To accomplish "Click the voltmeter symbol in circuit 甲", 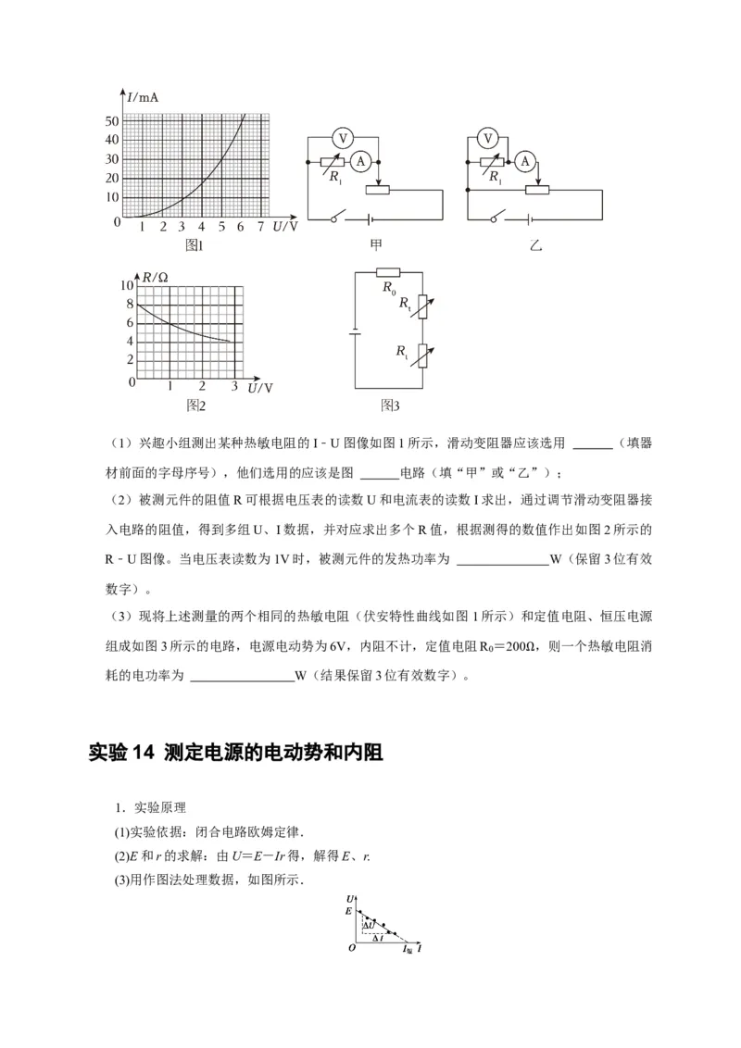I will (x=342, y=138).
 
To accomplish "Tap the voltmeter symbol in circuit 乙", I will (x=488, y=138).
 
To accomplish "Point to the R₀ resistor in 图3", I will (x=387, y=273).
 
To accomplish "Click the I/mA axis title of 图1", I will (x=138, y=97).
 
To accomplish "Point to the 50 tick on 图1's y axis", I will (x=112, y=120).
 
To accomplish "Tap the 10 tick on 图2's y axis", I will (x=128, y=286).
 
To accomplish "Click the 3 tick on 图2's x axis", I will (x=233, y=386).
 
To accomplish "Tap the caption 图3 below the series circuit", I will (x=390, y=405).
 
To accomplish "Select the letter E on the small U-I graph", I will (x=349, y=912).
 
